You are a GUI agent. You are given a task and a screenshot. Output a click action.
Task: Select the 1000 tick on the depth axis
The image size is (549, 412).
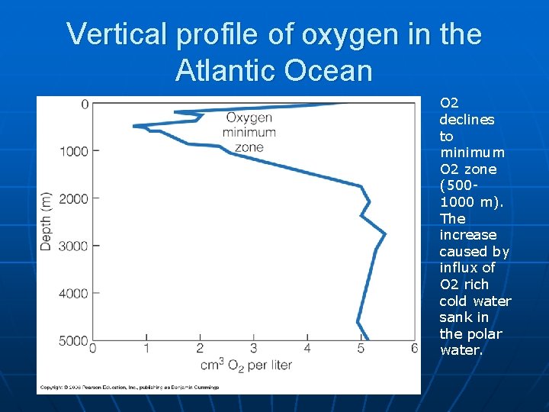(75, 151)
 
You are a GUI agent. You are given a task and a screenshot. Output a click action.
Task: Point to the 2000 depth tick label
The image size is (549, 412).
(75, 198)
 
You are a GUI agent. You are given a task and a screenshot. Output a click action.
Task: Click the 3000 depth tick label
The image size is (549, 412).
(75, 246)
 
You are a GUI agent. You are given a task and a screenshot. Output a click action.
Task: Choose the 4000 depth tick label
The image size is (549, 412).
(75, 293)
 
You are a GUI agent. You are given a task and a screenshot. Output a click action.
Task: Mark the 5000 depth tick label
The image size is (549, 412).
(75, 340)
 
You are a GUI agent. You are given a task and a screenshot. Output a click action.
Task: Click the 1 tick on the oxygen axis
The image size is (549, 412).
(146, 349)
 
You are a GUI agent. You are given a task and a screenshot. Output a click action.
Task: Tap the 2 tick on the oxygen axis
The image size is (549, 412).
(200, 349)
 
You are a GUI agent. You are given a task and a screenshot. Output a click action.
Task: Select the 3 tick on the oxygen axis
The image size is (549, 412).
(254, 349)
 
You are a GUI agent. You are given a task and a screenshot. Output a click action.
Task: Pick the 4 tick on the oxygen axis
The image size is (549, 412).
(307, 349)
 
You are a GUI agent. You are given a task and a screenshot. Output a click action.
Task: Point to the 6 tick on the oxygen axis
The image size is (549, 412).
(415, 349)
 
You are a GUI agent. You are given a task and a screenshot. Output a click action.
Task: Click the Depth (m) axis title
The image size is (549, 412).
(47, 221)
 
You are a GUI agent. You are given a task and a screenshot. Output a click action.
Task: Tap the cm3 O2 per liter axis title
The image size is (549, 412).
(246, 365)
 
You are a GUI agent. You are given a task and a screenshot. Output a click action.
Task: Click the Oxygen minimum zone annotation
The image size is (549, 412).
(249, 132)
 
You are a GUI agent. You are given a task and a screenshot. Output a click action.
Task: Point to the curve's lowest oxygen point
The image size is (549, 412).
(135, 126)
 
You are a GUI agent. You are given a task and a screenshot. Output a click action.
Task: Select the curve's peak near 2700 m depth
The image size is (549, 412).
(385, 233)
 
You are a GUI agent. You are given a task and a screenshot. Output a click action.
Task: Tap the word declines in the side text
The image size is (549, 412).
(467, 120)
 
